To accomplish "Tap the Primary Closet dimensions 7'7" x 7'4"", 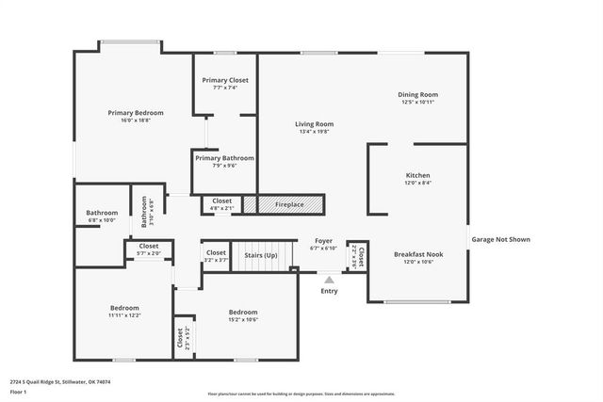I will point(225,88).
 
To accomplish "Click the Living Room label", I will point(315,123).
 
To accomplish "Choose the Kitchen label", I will point(417,176).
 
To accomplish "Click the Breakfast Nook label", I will point(417,253).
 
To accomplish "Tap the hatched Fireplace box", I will point(284,203).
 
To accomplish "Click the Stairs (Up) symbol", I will point(261,255).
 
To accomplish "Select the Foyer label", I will point(323,241).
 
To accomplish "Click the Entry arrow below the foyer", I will point(329,279).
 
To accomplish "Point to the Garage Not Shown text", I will point(500,239).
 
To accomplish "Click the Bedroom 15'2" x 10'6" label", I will point(243,312).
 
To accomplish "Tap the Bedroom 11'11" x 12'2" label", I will point(124,308).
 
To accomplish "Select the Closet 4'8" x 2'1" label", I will point(221,201).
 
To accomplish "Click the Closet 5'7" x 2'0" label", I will point(149,249).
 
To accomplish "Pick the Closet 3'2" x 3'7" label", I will point(216,252).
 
